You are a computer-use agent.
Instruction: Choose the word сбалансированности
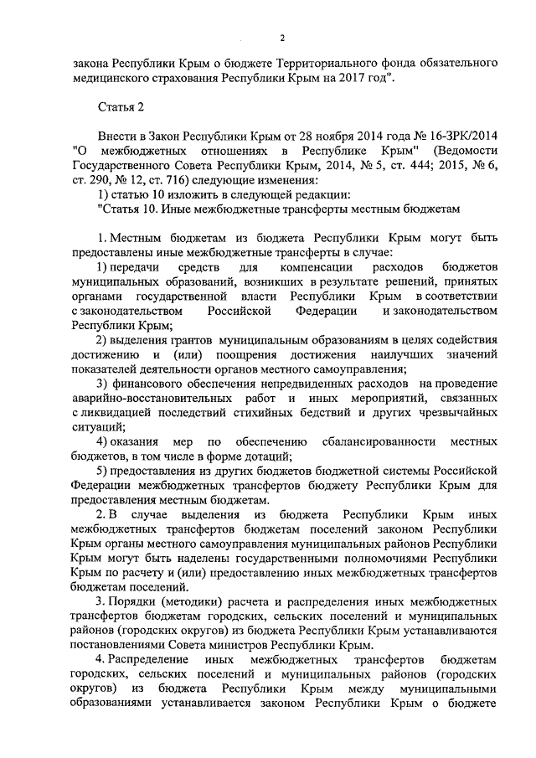click(376, 441)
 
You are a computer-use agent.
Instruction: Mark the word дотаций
click(264, 456)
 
